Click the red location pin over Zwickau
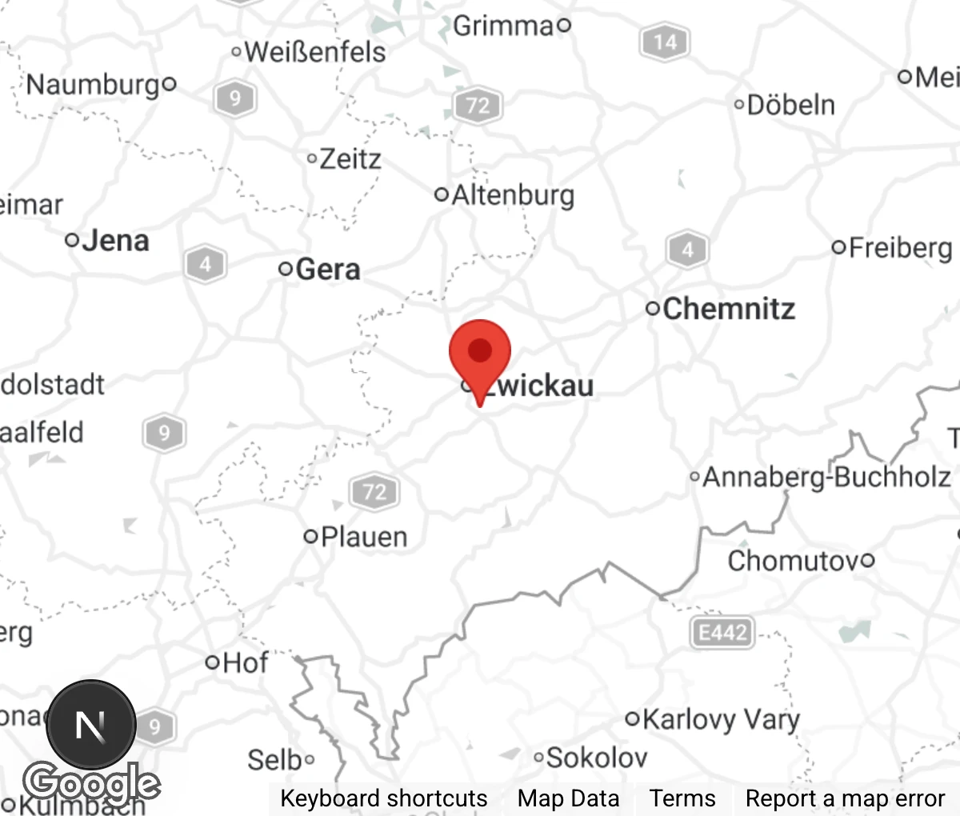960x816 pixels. (x=480, y=353)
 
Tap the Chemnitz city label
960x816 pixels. (x=728, y=309)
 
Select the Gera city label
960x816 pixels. (x=327, y=270)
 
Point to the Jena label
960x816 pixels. (x=115, y=241)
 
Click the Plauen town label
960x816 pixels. (x=364, y=537)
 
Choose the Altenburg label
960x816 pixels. (x=513, y=195)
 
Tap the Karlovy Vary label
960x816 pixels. (x=720, y=719)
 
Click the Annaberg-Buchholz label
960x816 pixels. (x=826, y=478)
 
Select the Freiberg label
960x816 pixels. (x=900, y=248)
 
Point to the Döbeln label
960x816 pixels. (x=790, y=105)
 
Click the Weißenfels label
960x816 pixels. (x=315, y=53)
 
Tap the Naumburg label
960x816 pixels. (x=94, y=84)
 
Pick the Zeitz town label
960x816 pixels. (x=350, y=159)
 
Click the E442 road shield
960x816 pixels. (x=722, y=633)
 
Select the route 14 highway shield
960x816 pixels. (x=665, y=42)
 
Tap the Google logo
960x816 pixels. (x=91, y=783)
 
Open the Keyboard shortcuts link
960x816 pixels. (x=383, y=798)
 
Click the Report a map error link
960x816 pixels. (x=845, y=798)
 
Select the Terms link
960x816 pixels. (x=682, y=798)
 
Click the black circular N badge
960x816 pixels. (x=90, y=726)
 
